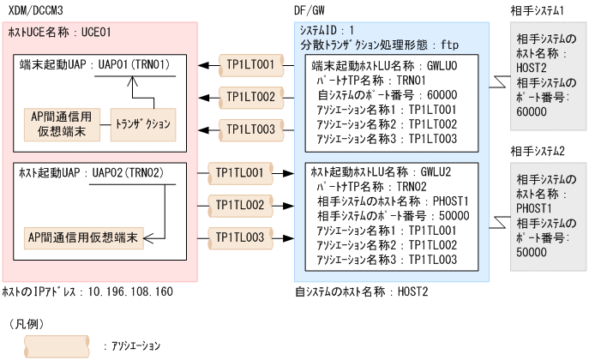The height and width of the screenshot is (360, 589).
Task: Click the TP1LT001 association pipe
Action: point(250,64)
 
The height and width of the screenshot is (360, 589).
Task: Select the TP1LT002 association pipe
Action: point(250,96)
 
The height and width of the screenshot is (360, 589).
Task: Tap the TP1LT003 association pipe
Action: point(250,129)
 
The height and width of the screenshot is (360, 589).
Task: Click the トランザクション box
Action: point(141,123)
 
